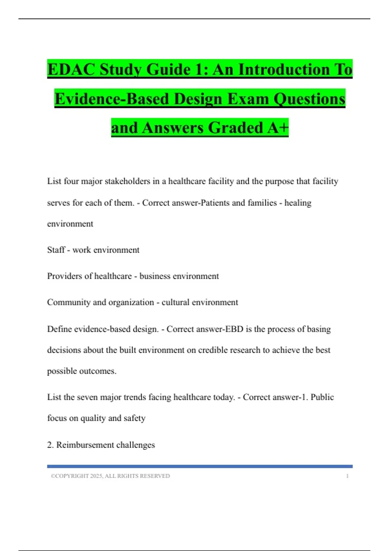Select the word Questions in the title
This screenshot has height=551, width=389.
point(309,99)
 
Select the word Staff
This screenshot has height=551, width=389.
point(56,250)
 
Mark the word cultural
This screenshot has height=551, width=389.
point(175,302)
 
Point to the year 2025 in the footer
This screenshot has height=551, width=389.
point(96,476)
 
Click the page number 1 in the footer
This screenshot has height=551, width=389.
point(347,476)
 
